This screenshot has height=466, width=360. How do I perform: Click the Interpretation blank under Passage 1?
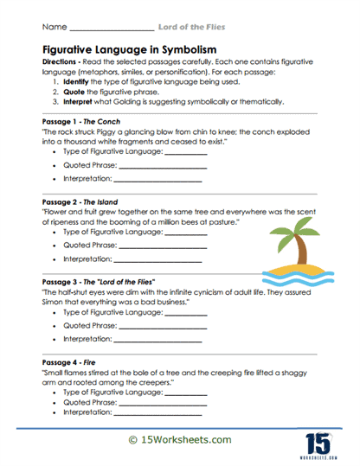(x=159, y=180)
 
